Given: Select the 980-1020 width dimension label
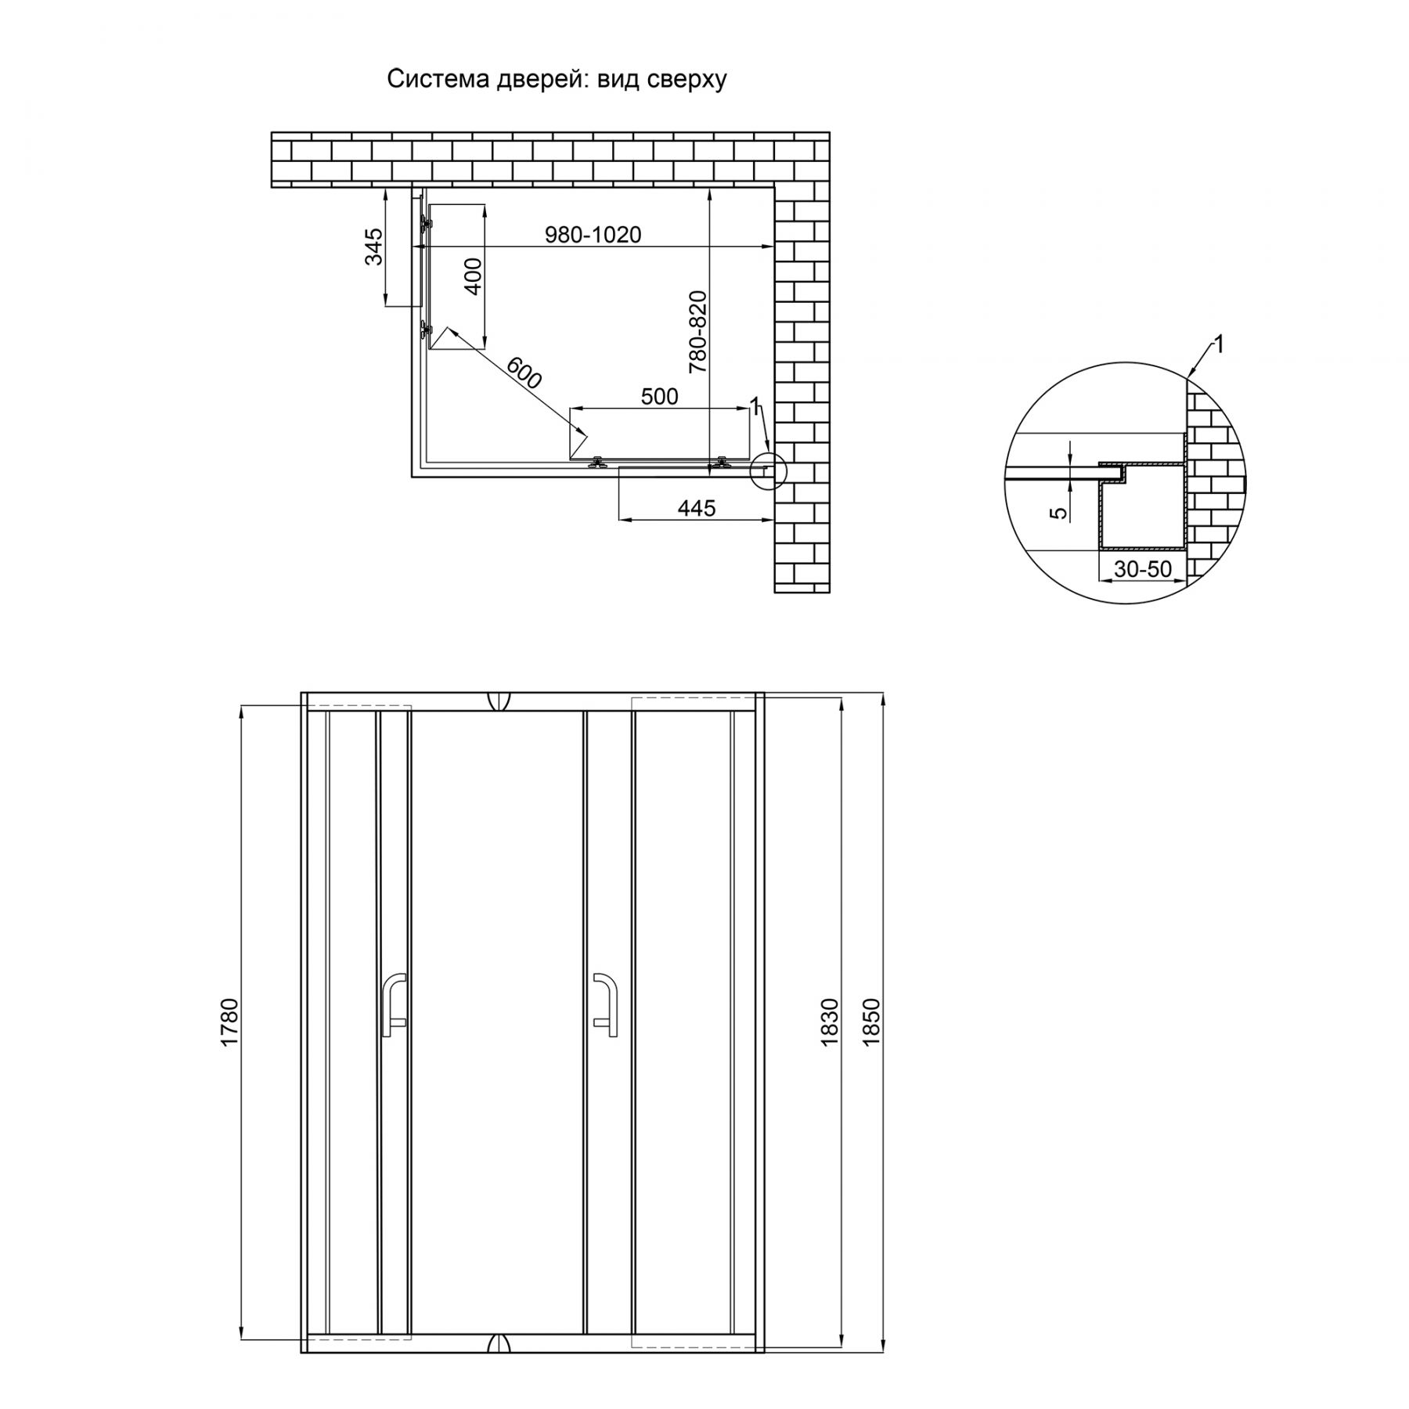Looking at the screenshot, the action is coord(593,234).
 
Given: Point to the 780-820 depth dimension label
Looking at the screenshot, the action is coord(697,331).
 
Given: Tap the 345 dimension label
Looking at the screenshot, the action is coord(375,247).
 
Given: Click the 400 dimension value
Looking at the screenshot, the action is coord(474,276).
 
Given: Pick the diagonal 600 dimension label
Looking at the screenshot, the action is coord(524,373).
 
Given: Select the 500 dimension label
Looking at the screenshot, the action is coord(659,397).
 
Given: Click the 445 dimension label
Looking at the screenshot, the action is coord(696,508).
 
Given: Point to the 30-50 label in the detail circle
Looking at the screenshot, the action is coord(1143,569).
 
